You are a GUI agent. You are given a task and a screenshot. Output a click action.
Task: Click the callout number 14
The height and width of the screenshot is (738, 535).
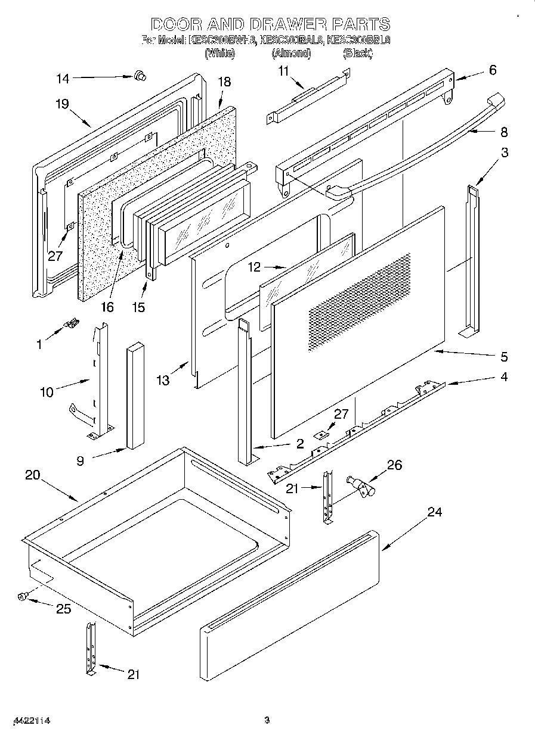[63, 78]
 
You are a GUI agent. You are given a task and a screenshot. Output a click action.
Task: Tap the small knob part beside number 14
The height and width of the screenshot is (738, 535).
[141, 75]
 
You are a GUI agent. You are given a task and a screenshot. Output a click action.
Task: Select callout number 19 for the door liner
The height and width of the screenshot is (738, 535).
[63, 104]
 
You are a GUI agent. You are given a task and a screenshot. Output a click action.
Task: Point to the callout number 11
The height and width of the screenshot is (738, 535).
[283, 70]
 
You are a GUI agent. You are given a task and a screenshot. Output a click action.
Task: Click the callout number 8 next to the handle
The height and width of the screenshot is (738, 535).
[504, 132]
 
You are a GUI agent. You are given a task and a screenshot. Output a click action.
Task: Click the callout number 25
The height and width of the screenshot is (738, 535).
[63, 608]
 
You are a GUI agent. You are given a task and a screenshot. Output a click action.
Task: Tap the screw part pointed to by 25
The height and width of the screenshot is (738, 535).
[23, 596]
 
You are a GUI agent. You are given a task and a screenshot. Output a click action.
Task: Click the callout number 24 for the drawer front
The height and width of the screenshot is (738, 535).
[435, 512]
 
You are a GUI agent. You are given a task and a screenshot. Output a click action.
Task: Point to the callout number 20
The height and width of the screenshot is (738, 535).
[33, 475]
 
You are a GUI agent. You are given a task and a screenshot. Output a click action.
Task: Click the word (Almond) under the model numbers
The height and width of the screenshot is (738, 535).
[292, 53]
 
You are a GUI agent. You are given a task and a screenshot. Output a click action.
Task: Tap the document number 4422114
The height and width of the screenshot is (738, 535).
[31, 721]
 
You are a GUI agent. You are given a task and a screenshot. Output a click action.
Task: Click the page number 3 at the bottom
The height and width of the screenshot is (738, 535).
[267, 721]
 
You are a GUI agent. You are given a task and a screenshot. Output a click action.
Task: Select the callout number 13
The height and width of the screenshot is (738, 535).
[162, 380]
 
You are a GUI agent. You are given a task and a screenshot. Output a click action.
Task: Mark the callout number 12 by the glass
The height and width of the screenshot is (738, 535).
[255, 267]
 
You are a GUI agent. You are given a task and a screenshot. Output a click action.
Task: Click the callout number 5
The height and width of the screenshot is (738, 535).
[504, 357]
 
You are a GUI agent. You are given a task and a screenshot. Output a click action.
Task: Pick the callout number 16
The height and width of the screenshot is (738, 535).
[107, 307]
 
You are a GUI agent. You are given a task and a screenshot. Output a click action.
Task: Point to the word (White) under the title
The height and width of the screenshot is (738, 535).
[219, 53]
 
